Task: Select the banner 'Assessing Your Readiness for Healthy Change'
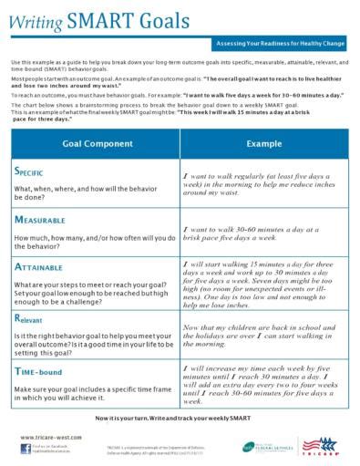282,44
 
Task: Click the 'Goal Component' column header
95,144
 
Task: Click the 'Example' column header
264,144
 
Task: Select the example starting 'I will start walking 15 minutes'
264,284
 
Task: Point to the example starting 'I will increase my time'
264,383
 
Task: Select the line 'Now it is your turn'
180,418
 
